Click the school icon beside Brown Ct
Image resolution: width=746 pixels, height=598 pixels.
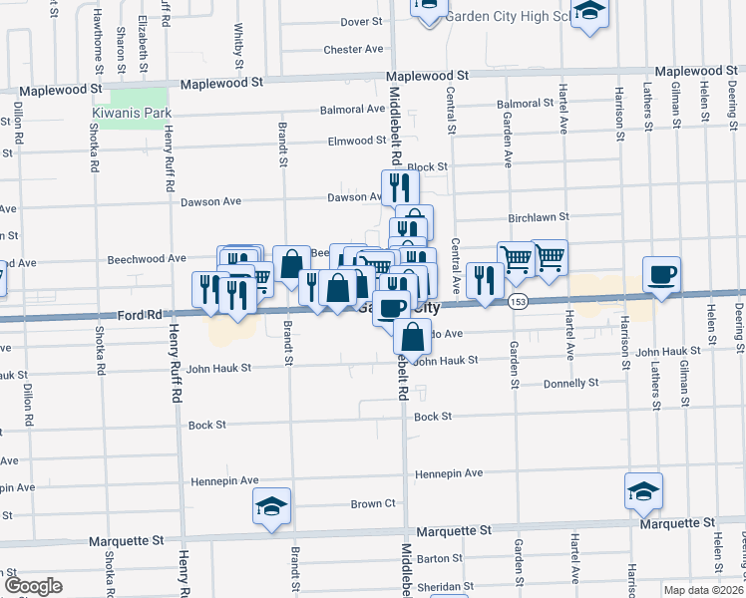coord(270,506)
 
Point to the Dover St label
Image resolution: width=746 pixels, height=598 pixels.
coord(361,21)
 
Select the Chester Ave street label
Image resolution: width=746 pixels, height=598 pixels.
coord(353,49)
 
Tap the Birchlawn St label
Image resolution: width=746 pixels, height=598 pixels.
coord(539,215)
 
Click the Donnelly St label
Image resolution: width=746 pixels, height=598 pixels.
coord(570,383)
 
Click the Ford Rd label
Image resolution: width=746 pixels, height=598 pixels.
coord(139,315)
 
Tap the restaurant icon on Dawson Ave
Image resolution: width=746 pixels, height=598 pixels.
coord(397,185)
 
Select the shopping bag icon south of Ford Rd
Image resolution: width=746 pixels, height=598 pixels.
coord(411,337)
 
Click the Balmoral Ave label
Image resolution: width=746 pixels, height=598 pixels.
coord(352,110)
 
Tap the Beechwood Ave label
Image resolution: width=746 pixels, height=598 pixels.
coord(148,258)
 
